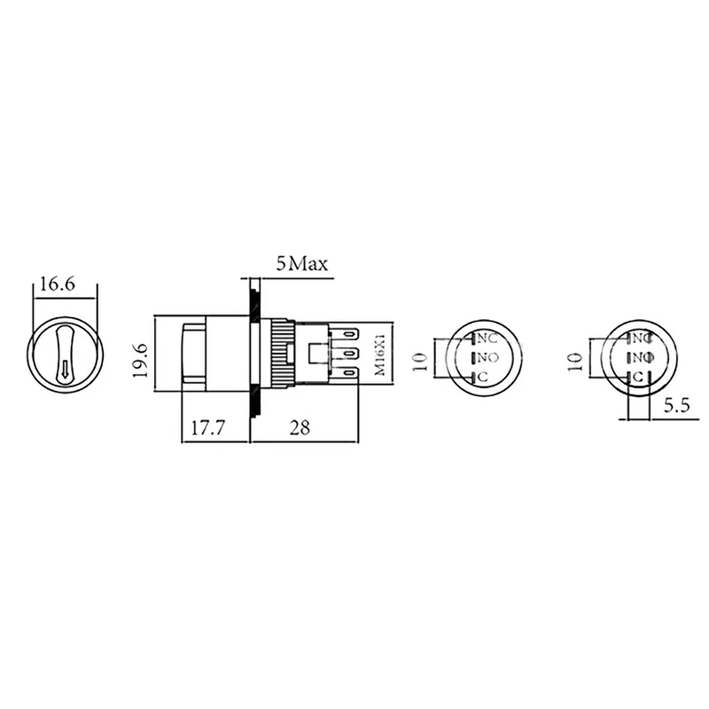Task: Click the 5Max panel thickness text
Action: [302, 263]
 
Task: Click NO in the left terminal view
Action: [487, 358]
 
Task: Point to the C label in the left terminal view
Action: [483, 378]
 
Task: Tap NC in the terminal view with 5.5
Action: [643, 339]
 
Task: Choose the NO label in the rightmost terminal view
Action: [643, 357]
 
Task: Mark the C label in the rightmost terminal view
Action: [637, 377]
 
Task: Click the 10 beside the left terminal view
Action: [421, 359]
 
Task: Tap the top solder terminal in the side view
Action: [348, 335]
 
